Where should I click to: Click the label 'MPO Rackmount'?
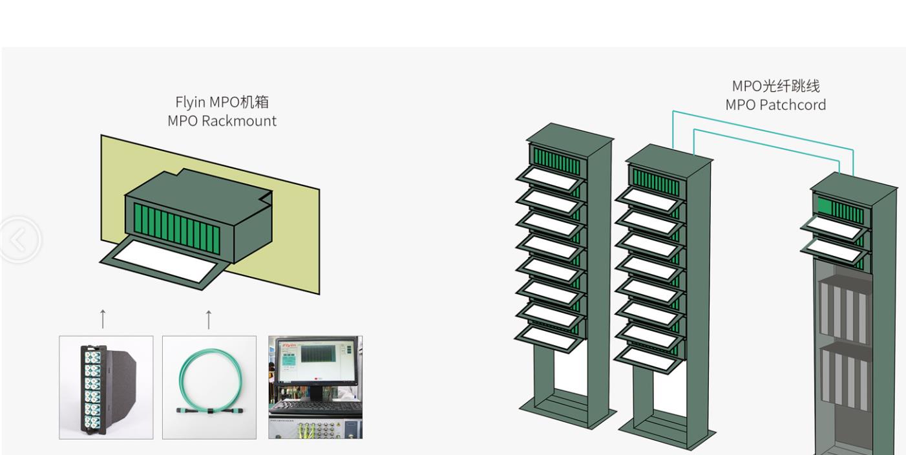(x=222, y=121)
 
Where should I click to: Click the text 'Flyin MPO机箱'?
(x=222, y=102)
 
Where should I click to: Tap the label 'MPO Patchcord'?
(x=775, y=105)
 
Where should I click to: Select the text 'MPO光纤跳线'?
(x=775, y=86)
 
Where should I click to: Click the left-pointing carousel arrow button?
(x=19, y=240)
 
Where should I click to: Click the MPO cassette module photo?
(x=106, y=387)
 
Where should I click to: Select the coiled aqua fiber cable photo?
(x=209, y=387)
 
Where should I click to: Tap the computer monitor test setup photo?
(x=315, y=387)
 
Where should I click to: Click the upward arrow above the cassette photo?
(x=103, y=319)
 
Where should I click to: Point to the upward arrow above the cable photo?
(x=208, y=319)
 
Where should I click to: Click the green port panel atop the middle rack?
(x=655, y=182)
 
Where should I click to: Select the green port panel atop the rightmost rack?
(x=839, y=208)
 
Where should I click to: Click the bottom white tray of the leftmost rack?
(x=550, y=336)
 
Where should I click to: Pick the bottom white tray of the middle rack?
(x=648, y=357)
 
